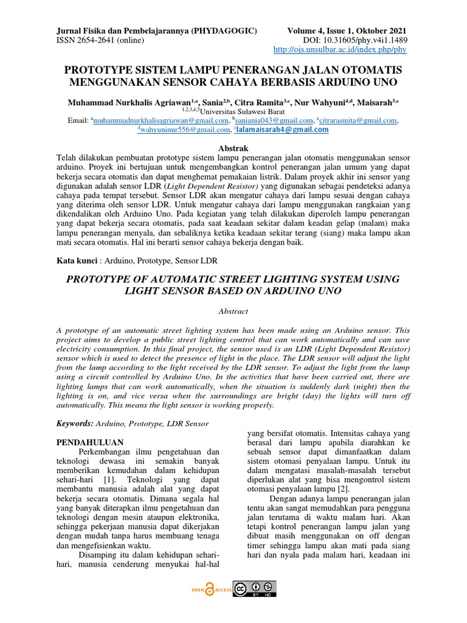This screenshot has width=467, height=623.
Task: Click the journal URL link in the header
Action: point(340,50)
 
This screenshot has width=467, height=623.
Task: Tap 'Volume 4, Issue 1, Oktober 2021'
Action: point(346,30)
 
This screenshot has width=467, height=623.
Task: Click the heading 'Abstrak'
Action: point(233,148)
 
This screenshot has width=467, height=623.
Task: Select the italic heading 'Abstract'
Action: point(233,311)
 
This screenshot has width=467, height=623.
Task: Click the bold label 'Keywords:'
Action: point(75,423)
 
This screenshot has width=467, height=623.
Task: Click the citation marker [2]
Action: point(343,489)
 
